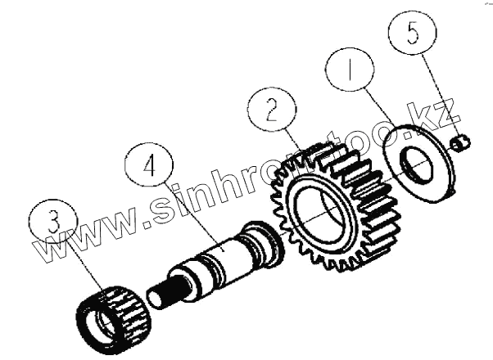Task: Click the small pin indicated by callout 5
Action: (461, 144)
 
